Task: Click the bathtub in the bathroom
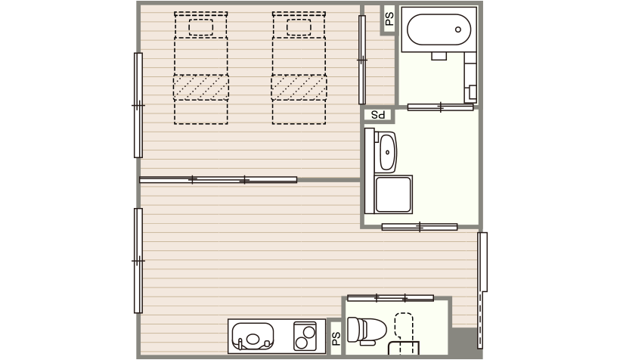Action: [x=439, y=29]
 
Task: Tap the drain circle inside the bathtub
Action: [x=458, y=29]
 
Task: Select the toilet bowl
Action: [x=367, y=330]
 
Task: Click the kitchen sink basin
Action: [x=253, y=337]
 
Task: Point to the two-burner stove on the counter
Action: [x=305, y=336]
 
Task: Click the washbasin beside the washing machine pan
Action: [x=387, y=152]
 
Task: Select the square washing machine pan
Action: [x=393, y=194]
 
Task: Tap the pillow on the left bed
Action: [x=201, y=27]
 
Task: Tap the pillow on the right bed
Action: [x=299, y=27]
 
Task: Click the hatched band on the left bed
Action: [x=201, y=87]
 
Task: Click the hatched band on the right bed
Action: [x=299, y=87]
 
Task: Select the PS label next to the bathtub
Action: [x=389, y=19]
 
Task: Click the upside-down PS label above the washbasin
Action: [x=378, y=115]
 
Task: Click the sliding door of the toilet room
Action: [x=390, y=298]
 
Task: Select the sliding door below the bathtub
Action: [x=440, y=107]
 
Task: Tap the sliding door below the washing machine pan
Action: [x=420, y=227]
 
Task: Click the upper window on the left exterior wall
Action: [x=138, y=105]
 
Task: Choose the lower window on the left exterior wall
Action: [x=138, y=261]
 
